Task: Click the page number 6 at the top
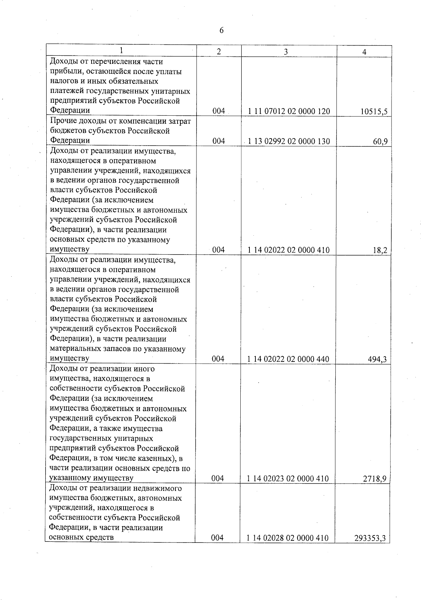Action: pos(221,31)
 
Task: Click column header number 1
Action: pos(121,51)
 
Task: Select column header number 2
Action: pos(219,52)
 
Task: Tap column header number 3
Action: pos(286,52)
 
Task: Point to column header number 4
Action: pos(364,52)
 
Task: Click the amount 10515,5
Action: pos(374,112)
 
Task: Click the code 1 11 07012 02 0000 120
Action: pos(289,112)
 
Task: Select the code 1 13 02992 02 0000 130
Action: pos(289,142)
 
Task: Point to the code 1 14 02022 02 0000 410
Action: pos(288,250)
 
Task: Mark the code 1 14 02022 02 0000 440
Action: pos(288,359)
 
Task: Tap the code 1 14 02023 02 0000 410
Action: pos(288,479)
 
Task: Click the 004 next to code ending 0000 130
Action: pos(219,141)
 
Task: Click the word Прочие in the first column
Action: pos(62,121)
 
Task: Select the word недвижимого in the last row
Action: pos(160,488)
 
